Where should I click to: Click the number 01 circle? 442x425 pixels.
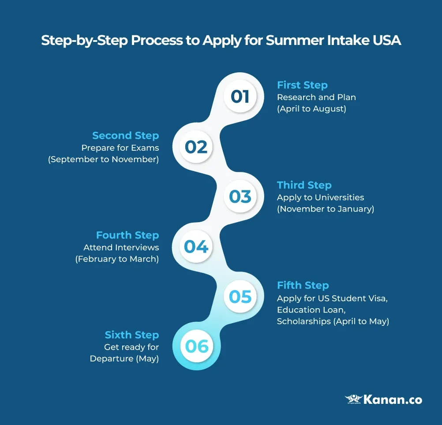pos(240,97)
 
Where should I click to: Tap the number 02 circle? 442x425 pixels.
pos(196,147)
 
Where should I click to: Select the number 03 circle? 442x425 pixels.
pos(240,197)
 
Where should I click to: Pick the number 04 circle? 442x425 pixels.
pos(196,247)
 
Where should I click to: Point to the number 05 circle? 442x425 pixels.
pos(240,297)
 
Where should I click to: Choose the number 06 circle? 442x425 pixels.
pos(196,347)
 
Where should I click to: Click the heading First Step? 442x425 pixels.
pos(302,85)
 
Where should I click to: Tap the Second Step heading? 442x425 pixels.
pos(125,135)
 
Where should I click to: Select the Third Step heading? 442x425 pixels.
pos(304,185)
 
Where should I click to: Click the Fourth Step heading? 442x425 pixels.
pos(127,235)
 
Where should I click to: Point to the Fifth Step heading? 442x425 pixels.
pos(303,285)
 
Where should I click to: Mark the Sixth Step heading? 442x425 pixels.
pos(131,335)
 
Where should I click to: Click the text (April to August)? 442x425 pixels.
pos(311,109)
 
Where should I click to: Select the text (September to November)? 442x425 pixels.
pos(103,159)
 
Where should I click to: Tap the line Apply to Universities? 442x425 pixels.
pos(320,198)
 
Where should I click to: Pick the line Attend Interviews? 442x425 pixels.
pos(121,247)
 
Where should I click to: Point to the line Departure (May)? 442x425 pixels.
pos(124,359)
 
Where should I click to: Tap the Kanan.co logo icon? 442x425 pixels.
pos(353,399)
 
